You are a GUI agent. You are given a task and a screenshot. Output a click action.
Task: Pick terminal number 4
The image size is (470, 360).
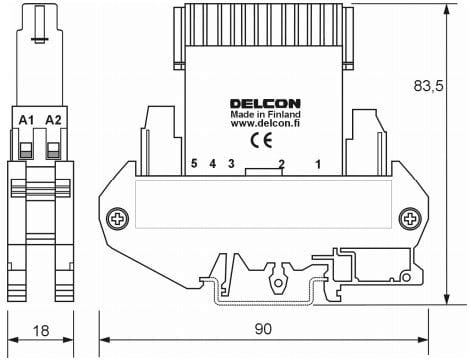212,163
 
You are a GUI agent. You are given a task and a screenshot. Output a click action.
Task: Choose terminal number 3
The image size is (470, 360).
231,163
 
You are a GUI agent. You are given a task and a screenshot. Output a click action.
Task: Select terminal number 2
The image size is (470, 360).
281,163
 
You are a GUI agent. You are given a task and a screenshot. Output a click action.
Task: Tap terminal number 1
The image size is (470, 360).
319,163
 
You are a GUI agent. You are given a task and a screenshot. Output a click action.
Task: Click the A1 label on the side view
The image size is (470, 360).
27,120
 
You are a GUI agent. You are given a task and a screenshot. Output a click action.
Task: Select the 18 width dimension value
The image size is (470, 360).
39,331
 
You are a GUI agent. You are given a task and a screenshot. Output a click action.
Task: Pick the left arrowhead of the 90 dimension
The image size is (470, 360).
105,340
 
